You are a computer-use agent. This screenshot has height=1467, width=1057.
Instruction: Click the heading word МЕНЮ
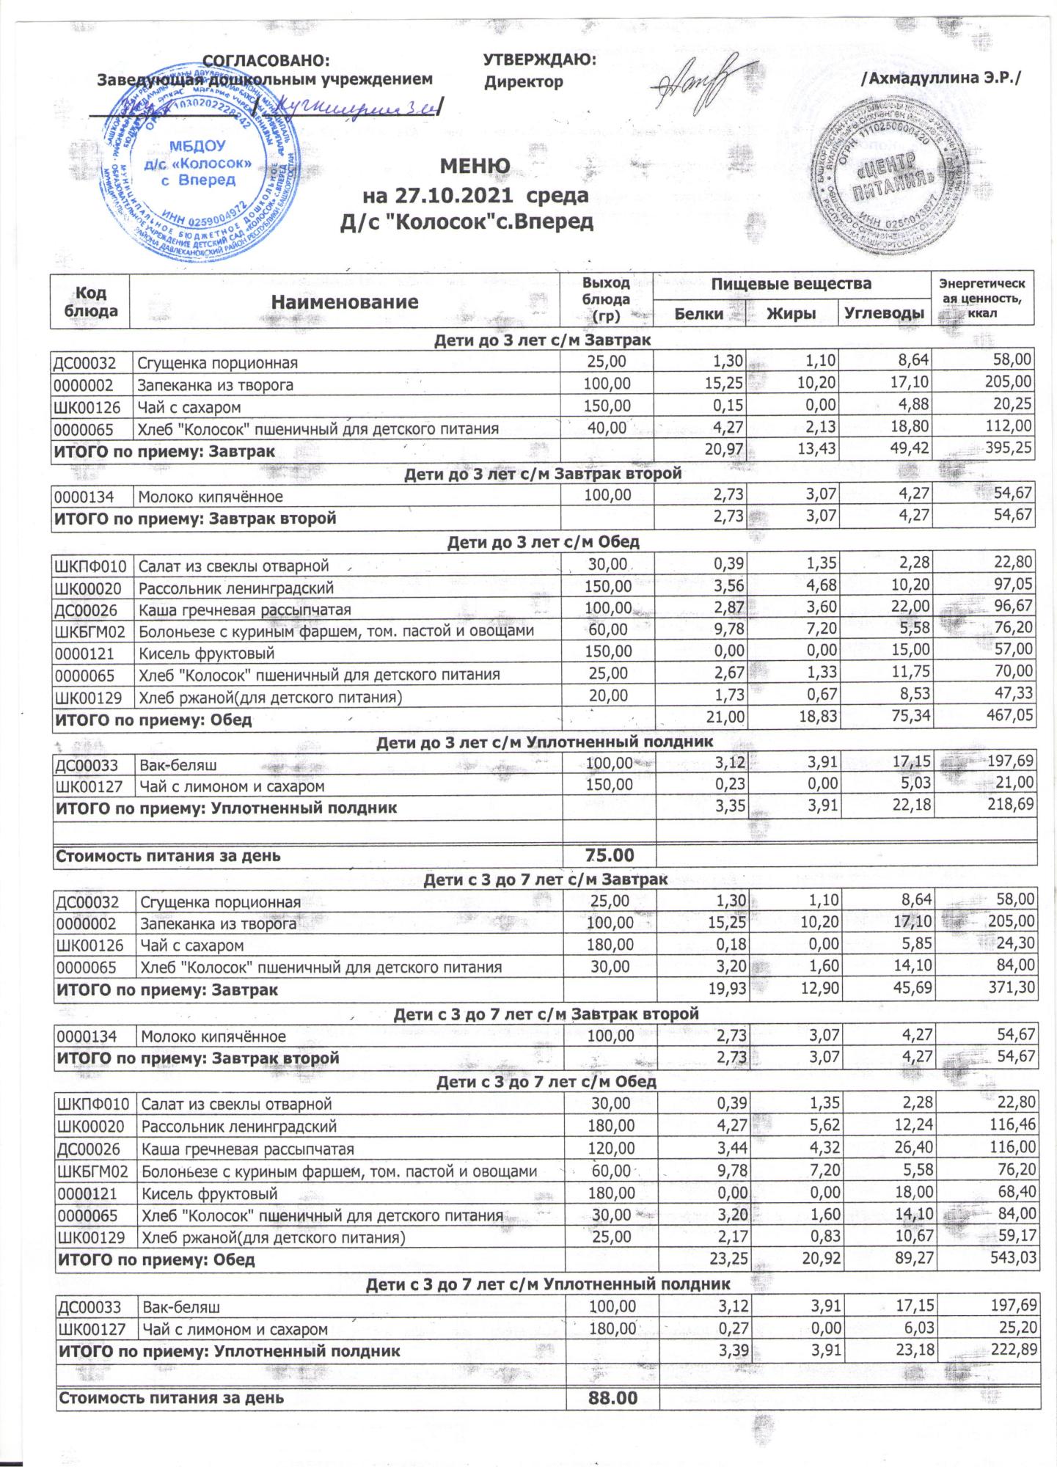click(474, 167)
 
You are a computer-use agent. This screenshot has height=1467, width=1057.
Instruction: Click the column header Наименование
click(345, 301)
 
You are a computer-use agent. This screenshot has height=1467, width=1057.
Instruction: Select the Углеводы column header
click(883, 314)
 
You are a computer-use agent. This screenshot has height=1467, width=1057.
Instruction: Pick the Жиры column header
click(791, 314)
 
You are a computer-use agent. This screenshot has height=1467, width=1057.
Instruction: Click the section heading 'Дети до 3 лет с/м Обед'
click(543, 542)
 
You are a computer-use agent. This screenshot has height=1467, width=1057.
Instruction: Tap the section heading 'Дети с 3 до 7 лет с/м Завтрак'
click(546, 879)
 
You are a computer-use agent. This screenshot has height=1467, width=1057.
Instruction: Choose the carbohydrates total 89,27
click(907, 1259)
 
